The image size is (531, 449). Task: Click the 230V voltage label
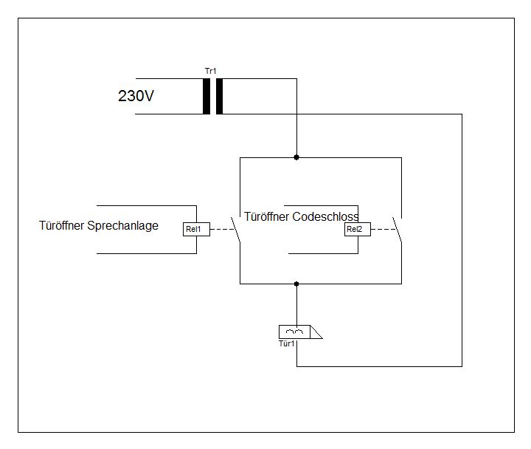click(136, 96)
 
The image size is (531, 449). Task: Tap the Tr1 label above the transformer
click(211, 71)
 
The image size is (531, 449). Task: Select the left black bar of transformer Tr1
click(206, 96)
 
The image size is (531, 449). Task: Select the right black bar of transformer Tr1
click(219, 96)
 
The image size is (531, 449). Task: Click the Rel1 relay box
click(196, 230)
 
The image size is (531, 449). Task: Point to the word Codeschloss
click(325, 217)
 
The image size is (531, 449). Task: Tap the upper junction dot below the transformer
click(296, 157)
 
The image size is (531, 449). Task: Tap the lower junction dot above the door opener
click(296, 284)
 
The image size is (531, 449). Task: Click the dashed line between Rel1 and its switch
click(221, 230)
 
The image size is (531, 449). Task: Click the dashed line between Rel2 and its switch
click(383, 230)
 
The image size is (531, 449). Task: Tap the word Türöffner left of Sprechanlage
click(62, 225)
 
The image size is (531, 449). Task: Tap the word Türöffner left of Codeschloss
click(268, 217)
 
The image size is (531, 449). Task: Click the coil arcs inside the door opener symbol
click(294, 331)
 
